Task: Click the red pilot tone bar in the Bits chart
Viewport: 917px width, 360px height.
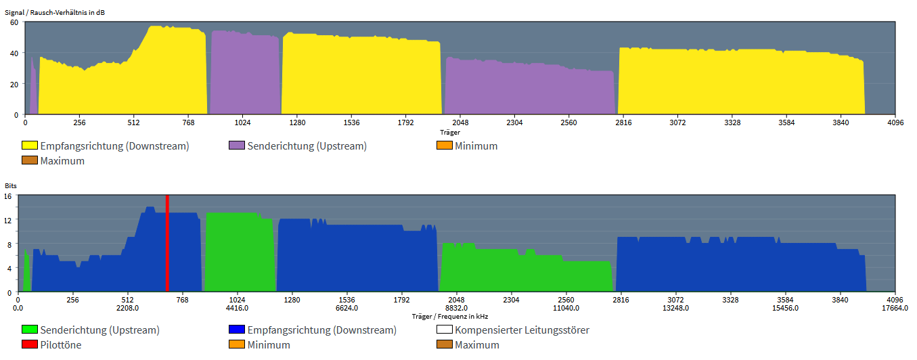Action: tap(167, 244)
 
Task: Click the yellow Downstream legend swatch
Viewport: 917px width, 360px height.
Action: tap(30, 145)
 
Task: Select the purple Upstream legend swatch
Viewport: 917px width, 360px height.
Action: tap(237, 145)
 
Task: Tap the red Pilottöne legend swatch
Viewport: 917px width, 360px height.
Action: tap(30, 344)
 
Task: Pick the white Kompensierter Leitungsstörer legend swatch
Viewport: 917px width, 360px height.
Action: tap(445, 330)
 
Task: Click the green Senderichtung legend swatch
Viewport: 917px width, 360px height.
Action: tap(30, 330)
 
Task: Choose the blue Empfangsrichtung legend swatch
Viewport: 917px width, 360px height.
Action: tap(237, 330)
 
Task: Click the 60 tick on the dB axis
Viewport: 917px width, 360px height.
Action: tap(14, 22)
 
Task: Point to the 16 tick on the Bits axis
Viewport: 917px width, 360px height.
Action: tap(7, 196)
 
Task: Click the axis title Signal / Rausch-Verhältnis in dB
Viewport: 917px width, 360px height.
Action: tap(55, 13)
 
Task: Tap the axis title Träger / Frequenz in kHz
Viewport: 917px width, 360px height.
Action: tap(450, 317)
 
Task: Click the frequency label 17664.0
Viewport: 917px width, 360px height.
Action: tap(895, 308)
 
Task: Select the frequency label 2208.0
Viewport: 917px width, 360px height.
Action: tap(128, 308)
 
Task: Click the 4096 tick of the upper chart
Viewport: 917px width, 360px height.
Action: tap(895, 122)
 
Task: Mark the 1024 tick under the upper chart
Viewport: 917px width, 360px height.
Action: tap(242, 122)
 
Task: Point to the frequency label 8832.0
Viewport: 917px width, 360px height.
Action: tap(456, 308)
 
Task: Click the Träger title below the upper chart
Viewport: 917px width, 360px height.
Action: tap(450, 132)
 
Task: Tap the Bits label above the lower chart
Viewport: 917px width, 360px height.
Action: tap(11, 186)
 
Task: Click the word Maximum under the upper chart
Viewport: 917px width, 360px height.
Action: tap(62, 161)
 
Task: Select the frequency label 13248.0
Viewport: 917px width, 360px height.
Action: tap(676, 308)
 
